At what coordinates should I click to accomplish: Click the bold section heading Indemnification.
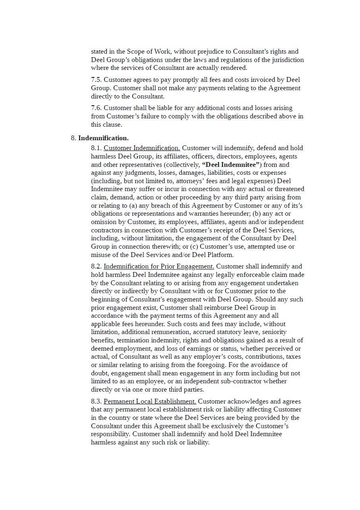click(x=103, y=138)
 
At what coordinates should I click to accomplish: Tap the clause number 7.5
click(x=96, y=80)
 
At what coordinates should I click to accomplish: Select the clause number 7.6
click(x=96, y=108)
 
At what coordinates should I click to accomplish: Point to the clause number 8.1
click(x=96, y=148)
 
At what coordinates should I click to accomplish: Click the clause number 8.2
click(x=96, y=267)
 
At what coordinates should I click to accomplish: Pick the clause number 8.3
click(x=96, y=402)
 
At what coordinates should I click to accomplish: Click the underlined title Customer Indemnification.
click(x=142, y=148)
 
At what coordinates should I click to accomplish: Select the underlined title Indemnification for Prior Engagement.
click(x=159, y=267)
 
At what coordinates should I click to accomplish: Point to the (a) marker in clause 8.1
click(x=134, y=206)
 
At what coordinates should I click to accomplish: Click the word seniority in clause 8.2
click(x=274, y=332)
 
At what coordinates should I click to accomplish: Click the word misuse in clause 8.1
click(x=101, y=255)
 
